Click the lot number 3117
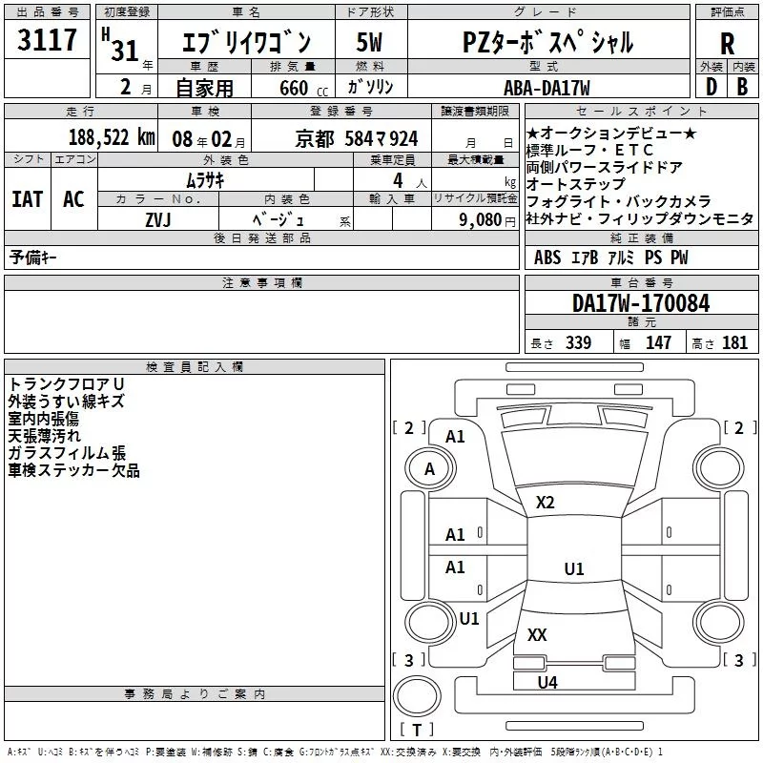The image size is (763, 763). pos(47,40)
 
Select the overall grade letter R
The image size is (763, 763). pos(727,44)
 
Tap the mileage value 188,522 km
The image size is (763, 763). pos(112,137)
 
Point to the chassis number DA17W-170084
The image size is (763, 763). pos(641,303)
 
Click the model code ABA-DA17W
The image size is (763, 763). pos(546,88)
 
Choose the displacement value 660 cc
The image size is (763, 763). pos(303,88)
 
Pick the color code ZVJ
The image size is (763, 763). pos(158,220)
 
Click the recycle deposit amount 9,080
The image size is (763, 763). pos(481,220)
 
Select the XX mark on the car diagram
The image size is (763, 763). pos(537,634)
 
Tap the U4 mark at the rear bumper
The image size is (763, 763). pos(547,683)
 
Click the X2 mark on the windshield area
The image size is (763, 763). pos(545,503)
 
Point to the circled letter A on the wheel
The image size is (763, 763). pos(429,469)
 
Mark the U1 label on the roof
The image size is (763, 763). pos(574,568)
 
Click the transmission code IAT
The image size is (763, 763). pos(28,199)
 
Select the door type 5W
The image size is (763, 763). pos(369,42)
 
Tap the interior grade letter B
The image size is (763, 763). pos(742,87)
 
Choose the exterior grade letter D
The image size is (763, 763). pos(711,87)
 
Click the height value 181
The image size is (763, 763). pos(734,342)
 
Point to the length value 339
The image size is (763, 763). pos(579,342)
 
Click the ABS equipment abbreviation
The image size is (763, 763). pos(547,258)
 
